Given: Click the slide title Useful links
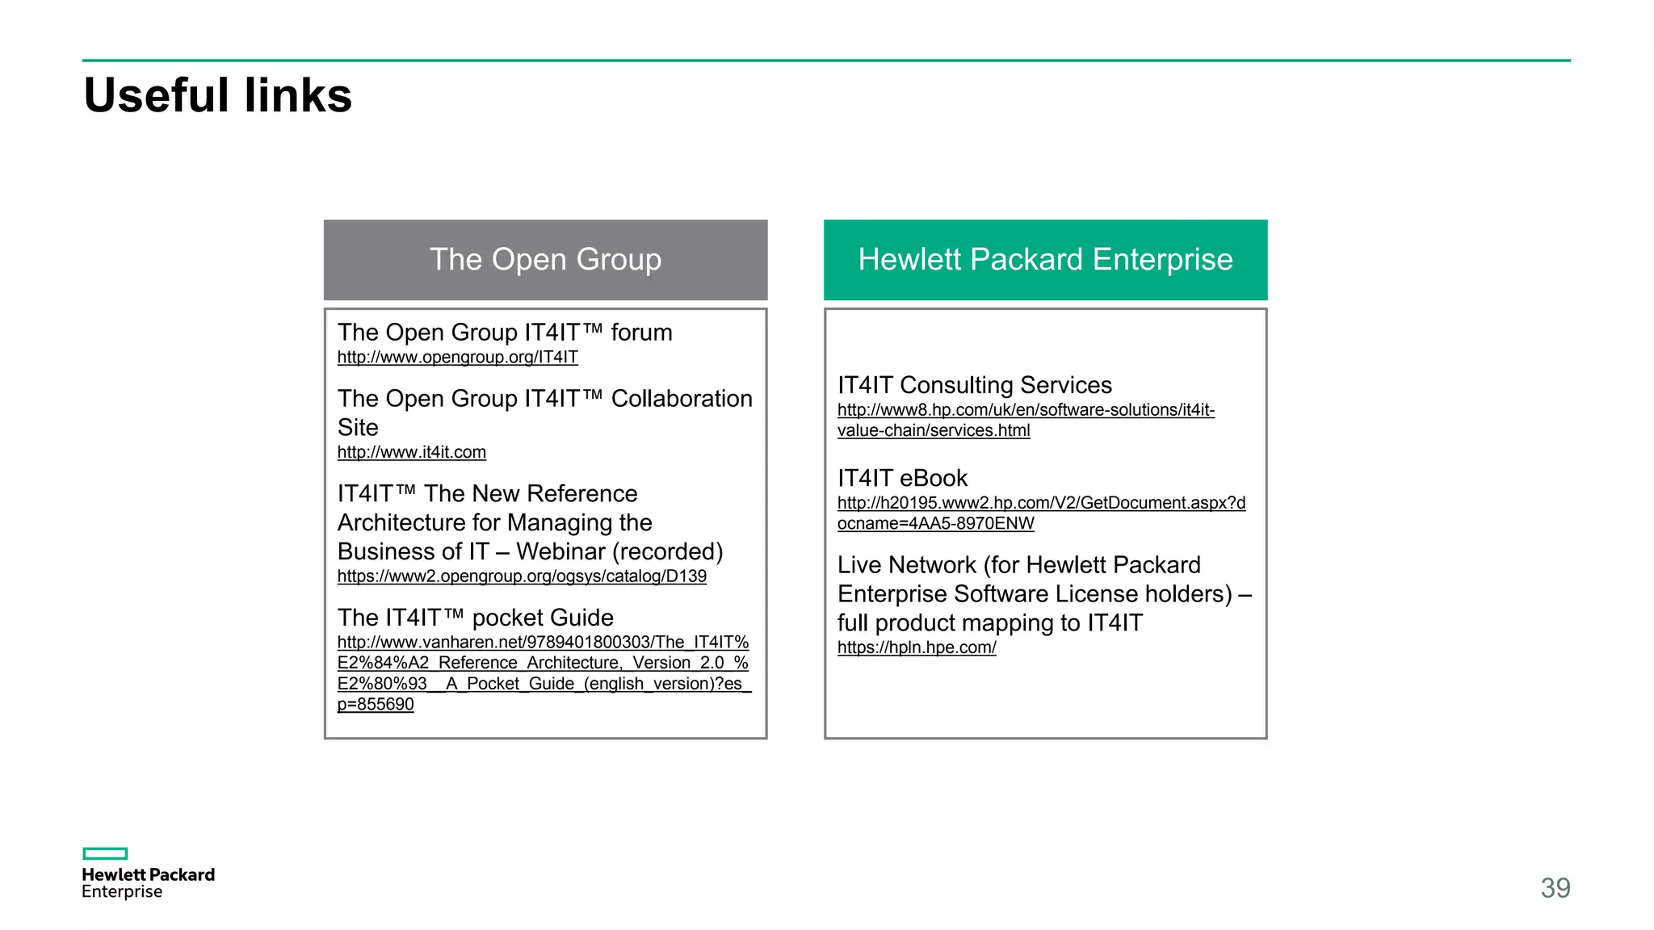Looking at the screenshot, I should pyautogui.click(x=217, y=95).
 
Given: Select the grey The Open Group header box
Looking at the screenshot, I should pyautogui.click(x=545, y=260).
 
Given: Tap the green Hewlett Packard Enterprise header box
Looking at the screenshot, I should pyautogui.click(x=1045, y=260).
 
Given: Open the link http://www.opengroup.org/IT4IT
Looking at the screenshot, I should pyautogui.click(x=457, y=357).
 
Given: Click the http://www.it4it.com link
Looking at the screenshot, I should pyautogui.click(x=411, y=452).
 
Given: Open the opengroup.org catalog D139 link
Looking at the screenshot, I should pyautogui.click(x=522, y=576).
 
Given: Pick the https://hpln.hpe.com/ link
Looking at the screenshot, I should pyautogui.click(x=917, y=647).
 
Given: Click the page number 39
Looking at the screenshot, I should pyautogui.click(x=1555, y=888).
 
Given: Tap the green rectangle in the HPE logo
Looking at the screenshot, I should pyautogui.click(x=105, y=853).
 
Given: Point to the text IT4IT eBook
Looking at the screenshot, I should pyautogui.click(x=902, y=478).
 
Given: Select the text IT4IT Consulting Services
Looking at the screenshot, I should pyautogui.click(x=974, y=385).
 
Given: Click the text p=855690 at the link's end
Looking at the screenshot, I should pyautogui.click(x=376, y=704).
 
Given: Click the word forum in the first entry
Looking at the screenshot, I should pyautogui.click(x=641, y=333).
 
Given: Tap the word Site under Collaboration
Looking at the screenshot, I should pyautogui.click(x=358, y=427).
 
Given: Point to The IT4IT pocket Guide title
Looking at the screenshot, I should pyautogui.click(x=475, y=618).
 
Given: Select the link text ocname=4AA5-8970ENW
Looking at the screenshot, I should pyautogui.click(x=935, y=523).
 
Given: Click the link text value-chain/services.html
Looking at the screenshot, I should pyautogui.click(x=933, y=430).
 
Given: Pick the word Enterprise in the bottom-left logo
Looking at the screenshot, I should pyautogui.click(x=122, y=891).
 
